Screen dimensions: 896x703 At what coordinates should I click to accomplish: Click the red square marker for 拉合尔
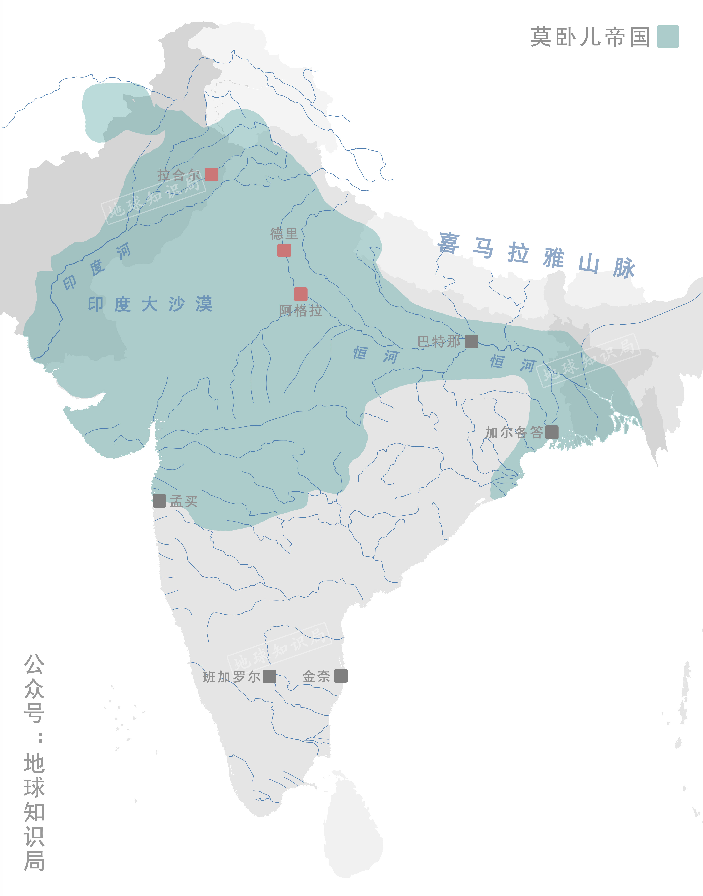pyautogui.click(x=212, y=174)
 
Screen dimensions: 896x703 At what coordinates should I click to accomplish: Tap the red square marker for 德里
pyautogui.click(x=284, y=250)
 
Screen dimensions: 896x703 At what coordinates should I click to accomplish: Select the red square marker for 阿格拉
pyautogui.click(x=300, y=294)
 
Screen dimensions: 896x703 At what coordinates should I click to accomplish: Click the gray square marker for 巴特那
pyautogui.click(x=471, y=341)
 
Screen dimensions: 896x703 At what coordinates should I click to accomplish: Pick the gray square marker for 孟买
pyautogui.click(x=159, y=501)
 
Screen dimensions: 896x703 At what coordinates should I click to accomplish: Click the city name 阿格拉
pyautogui.click(x=300, y=311)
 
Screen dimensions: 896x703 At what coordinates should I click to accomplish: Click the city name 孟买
pyautogui.click(x=184, y=501)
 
